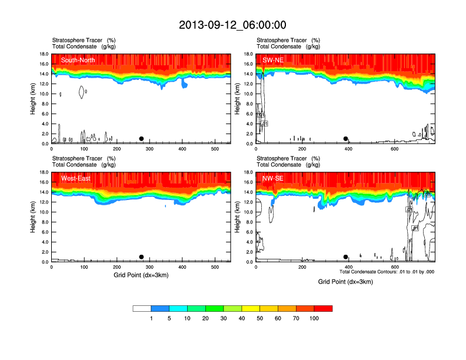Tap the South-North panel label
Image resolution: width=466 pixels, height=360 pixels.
(77, 60)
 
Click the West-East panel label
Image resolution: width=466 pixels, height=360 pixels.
(75, 178)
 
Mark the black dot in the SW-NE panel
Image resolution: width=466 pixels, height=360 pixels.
(346, 139)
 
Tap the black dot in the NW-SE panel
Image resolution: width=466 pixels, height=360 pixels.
(346, 257)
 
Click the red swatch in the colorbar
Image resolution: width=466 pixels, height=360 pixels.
(323, 308)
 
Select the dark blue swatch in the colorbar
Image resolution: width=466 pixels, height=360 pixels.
(160, 308)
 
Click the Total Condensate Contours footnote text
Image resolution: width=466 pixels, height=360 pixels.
(387, 272)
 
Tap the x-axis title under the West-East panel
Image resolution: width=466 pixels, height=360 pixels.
(141, 275)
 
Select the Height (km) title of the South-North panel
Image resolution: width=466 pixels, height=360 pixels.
(34, 99)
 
